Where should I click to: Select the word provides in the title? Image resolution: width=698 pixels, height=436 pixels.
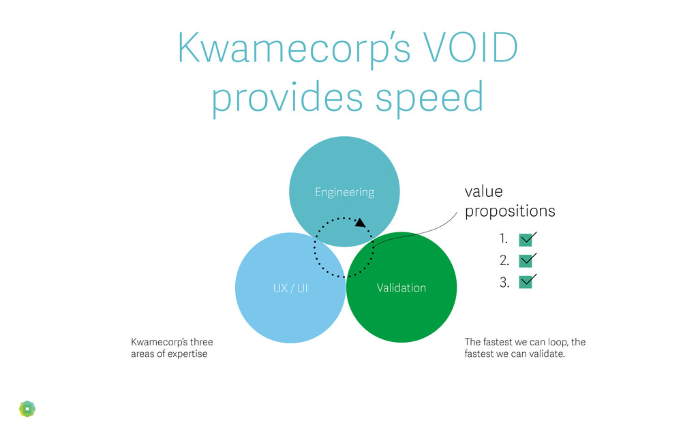286,97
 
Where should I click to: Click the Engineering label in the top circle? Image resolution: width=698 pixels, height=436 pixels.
344,192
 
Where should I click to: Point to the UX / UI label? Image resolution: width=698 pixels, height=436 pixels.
290,287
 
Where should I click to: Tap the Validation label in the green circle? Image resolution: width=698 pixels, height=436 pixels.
401,287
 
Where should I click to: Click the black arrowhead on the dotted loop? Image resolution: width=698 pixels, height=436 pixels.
360,222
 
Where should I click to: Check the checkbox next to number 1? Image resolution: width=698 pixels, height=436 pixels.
525,239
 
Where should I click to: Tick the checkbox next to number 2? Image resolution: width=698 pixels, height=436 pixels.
525,260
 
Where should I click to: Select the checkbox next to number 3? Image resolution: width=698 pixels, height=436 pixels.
525,281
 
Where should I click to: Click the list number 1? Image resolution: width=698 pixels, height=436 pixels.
503,239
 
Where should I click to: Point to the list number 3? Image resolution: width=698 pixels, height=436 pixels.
504,281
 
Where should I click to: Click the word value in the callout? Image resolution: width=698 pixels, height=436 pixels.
483,191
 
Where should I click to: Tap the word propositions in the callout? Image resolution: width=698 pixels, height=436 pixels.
510,211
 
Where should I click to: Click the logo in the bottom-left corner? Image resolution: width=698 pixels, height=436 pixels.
27,408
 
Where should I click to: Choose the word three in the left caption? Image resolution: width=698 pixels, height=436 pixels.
201,341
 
